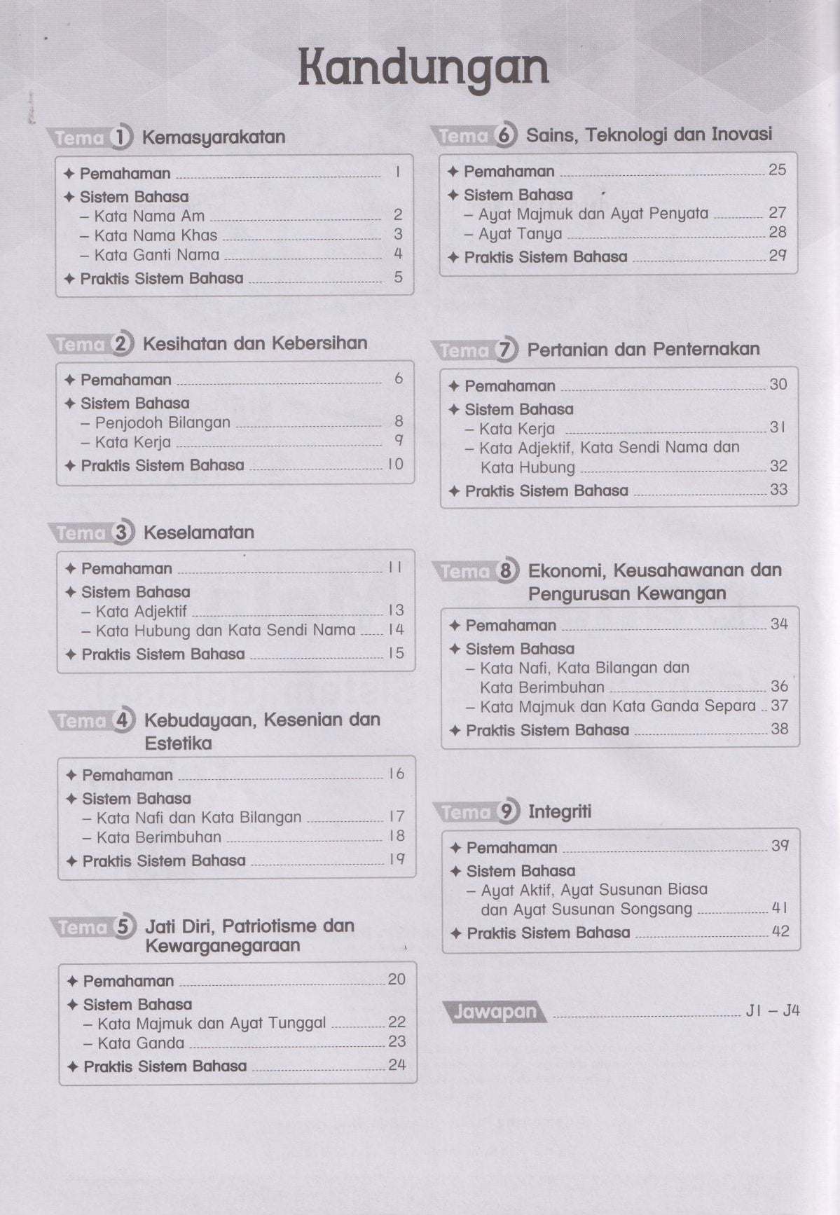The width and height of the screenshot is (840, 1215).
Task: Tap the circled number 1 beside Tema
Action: [x=122, y=137]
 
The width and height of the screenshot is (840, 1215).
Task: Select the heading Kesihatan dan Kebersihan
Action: [x=255, y=343]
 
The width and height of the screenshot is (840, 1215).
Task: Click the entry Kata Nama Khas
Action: [x=156, y=235]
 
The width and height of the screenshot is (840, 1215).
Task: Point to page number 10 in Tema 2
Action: [x=396, y=465]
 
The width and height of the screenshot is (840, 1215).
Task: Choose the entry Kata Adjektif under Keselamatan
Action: [x=142, y=611]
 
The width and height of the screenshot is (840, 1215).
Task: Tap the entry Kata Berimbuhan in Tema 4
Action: [x=159, y=837]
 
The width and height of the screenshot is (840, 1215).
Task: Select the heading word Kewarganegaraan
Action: [x=222, y=946]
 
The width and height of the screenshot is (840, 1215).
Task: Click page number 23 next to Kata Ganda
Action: [x=397, y=1042]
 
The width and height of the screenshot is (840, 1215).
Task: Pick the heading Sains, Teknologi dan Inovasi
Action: [x=649, y=135]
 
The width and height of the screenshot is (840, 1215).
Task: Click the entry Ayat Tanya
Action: [x=521, y=234]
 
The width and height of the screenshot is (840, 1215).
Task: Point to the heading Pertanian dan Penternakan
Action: [x=643, y=349]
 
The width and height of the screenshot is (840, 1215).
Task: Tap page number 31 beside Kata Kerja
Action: [x=778, y=427]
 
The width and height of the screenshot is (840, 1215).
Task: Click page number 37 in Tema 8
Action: [x=779, y=706]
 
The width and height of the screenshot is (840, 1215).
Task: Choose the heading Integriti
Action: [x=560, y=812]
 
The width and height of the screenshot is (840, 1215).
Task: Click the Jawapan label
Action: [x=495, y=1012]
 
